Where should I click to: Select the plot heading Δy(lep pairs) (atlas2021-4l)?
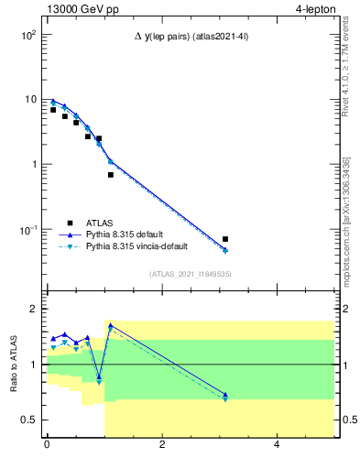click(190, 36)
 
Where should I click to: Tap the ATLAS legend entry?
click(102, 222)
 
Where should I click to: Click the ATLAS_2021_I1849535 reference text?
click(189, 273)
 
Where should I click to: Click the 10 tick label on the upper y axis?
click(28, 100)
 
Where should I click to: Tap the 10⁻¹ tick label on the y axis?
click(26, 230)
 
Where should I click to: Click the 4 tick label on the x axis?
click(278, 446)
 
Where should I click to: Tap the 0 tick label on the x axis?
click(47, 446)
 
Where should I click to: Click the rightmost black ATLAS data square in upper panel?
click(225, 239)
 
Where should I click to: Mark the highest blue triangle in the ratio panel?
click(111, 325)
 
